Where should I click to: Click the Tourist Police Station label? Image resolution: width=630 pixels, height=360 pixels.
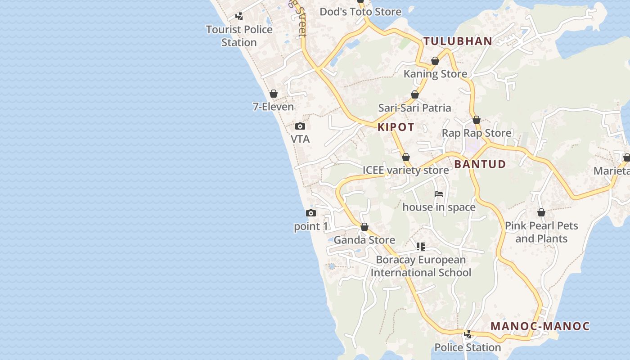click(239, 36)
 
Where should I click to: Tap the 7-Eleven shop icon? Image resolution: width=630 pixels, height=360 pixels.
click(274, 94)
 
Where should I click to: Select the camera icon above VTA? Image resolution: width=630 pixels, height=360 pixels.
click(300, 126)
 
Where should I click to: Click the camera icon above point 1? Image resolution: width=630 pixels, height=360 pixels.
click(311, 213)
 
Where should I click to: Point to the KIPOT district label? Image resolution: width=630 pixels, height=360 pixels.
click(396, 127)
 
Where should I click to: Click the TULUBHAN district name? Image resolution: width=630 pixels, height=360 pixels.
click(458, 41)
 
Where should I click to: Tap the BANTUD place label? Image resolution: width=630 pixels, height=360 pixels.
click(480, 164)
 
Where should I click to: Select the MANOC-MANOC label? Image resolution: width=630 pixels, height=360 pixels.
click(540, 326)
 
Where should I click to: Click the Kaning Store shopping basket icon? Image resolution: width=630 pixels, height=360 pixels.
click(435, 61)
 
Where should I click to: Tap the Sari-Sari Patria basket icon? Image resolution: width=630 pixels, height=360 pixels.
click(415, 95)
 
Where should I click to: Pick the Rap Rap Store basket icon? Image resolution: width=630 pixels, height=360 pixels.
click(477, 120)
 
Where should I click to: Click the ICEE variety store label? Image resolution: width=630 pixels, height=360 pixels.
click(406, 170)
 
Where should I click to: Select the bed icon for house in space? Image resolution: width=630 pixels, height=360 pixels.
click(439, 194)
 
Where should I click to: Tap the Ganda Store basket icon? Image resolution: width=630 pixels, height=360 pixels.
click(364, 227)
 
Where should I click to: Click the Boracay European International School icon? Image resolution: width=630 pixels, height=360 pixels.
click(421, 247)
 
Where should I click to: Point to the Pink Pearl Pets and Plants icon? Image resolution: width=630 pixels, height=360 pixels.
click(541, 212)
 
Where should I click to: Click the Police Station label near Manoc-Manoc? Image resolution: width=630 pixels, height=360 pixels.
click(468, 347)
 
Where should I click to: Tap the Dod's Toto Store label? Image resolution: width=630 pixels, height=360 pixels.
click(360, 12)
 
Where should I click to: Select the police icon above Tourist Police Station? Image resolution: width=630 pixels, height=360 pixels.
click(239, 17)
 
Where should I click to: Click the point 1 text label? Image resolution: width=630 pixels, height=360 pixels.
click(311, 226)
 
